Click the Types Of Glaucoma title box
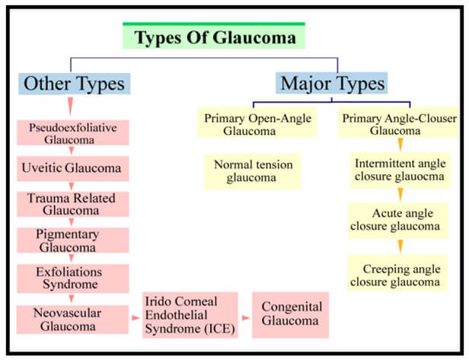tap(214, 36)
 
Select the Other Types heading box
tap(74, 84)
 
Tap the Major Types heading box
tap(332, 83)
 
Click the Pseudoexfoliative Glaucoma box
tap(73, 132)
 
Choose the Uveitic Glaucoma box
tap(73, 168)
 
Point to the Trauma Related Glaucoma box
tap(73, 204)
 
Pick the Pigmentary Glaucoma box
tap(73, 241)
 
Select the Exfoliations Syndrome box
tap(73, 279)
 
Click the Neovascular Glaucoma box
tap(72, 320)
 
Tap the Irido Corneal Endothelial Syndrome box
tap(190, 315)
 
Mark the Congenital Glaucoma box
tap(290, 315)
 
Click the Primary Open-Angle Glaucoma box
tap(257, 123)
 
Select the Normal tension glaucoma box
tap(253, 171)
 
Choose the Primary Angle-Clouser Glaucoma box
tap(398, 122)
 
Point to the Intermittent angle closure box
tap(400, 170)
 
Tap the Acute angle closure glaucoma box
tap(398, 221)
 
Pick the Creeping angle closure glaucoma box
tap(397, 273)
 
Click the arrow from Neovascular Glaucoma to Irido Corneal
tap(136, 318)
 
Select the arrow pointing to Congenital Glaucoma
tap(246, 318)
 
